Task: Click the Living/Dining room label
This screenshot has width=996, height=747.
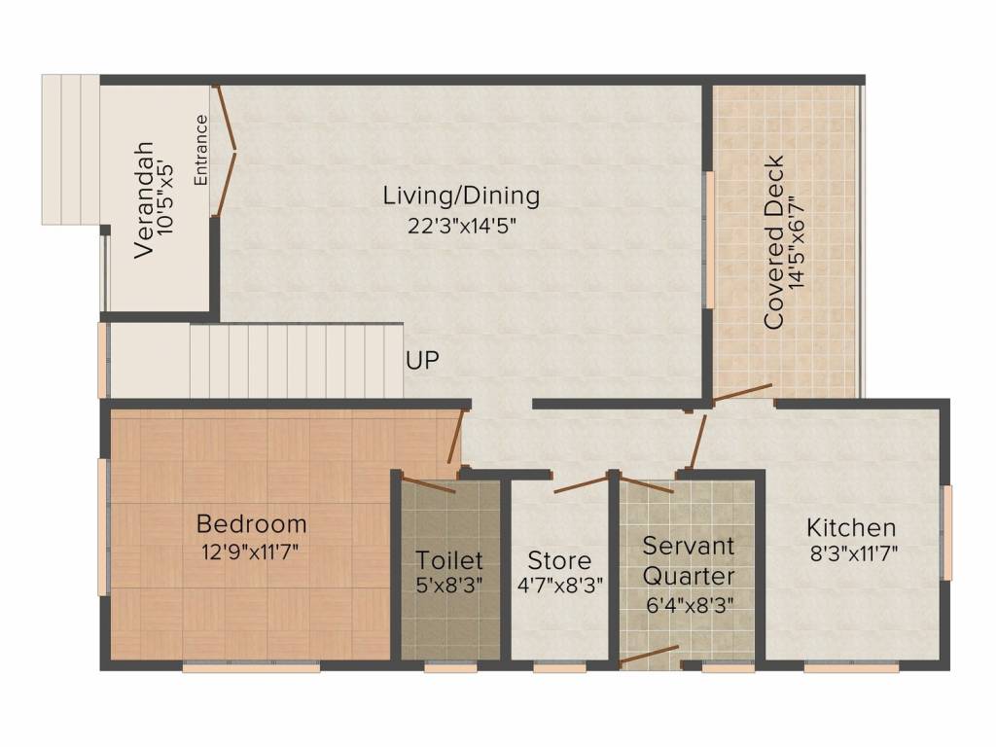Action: [461, 196]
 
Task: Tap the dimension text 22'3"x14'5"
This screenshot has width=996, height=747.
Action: [461, 226]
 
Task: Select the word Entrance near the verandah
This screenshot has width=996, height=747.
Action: [200, 150]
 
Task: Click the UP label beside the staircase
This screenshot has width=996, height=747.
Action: [422, 361]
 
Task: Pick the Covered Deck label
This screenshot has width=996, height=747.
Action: [774, 242]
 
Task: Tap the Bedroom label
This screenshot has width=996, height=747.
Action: [251, 524]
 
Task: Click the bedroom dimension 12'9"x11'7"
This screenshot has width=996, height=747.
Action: [251, 551]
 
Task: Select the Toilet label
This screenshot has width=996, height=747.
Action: [449, 560]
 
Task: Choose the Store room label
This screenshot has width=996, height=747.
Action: [559, 561]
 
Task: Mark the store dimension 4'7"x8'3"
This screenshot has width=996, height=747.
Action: [559, 587]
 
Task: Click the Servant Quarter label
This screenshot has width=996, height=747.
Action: [689, 559]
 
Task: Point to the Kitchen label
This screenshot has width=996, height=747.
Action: [851, 528]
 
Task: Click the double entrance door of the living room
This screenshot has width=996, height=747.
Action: [226, 150]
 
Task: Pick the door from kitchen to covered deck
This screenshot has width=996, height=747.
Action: [741, 392]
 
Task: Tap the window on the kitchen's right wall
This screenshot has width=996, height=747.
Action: [947, 533]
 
